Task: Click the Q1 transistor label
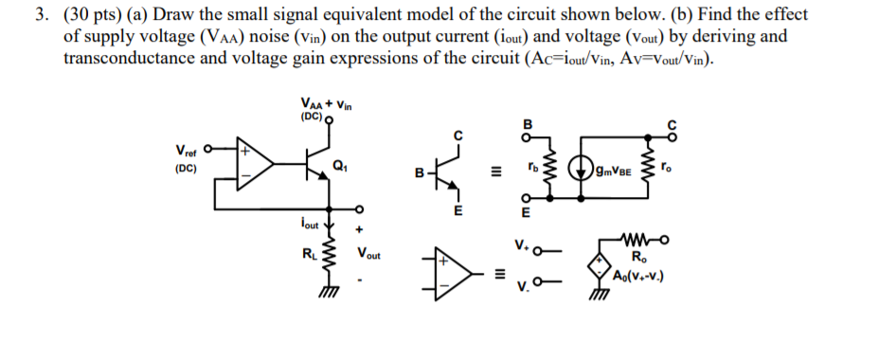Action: point(338,166)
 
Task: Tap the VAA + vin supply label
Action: point(325,104)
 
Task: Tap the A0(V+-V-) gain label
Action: point(641,277)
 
